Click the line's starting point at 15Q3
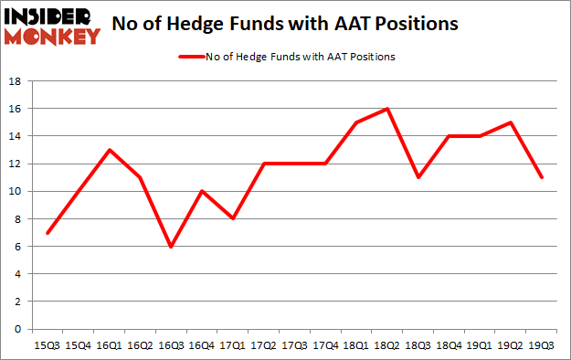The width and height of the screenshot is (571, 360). pyautogui.click(x=48, y=232)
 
